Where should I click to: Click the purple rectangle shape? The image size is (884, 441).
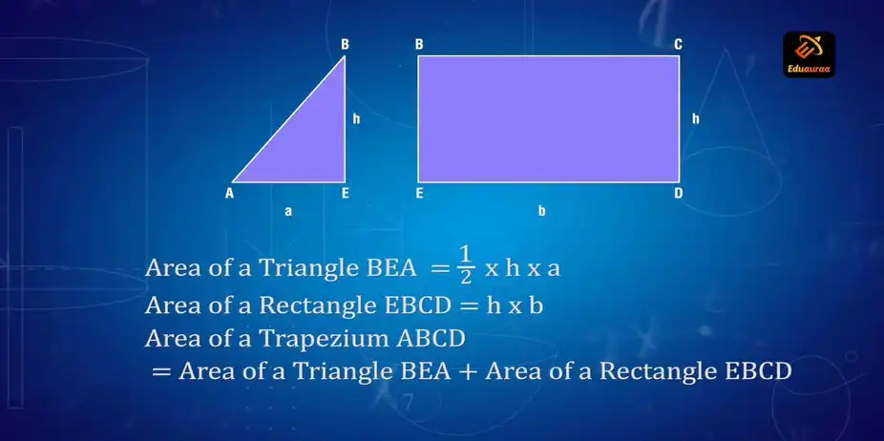pyautogui.click(x=548, y=118)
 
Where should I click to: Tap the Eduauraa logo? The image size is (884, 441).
pyautogui.click(x=809, y=54)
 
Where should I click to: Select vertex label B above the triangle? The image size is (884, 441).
pyautogui.click(x=345, y=44)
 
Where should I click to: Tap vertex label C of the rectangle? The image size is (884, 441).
pyautogui.click(x=678, y=44)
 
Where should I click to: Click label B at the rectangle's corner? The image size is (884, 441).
pyautogui.click(x=419, y=44)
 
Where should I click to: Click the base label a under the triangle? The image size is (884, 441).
pyautogui.click(x=288, y=211)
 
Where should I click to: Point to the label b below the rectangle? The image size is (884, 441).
pyautogui.click(x=541, y=211)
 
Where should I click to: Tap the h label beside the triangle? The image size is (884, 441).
pyautogui.click(x=356, y=119)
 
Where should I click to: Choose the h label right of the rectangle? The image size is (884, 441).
pyautogui.click(x=695, y=119)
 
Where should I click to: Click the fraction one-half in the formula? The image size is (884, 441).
pyautogui.click(x=465, y=264)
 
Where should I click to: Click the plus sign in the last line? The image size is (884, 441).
pyautogui.click(x=468, y=370)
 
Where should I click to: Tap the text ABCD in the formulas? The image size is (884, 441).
pyautogui.click(x=433, y=337)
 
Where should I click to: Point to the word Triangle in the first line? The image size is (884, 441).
pyautogui.click(x=307, y=268)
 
